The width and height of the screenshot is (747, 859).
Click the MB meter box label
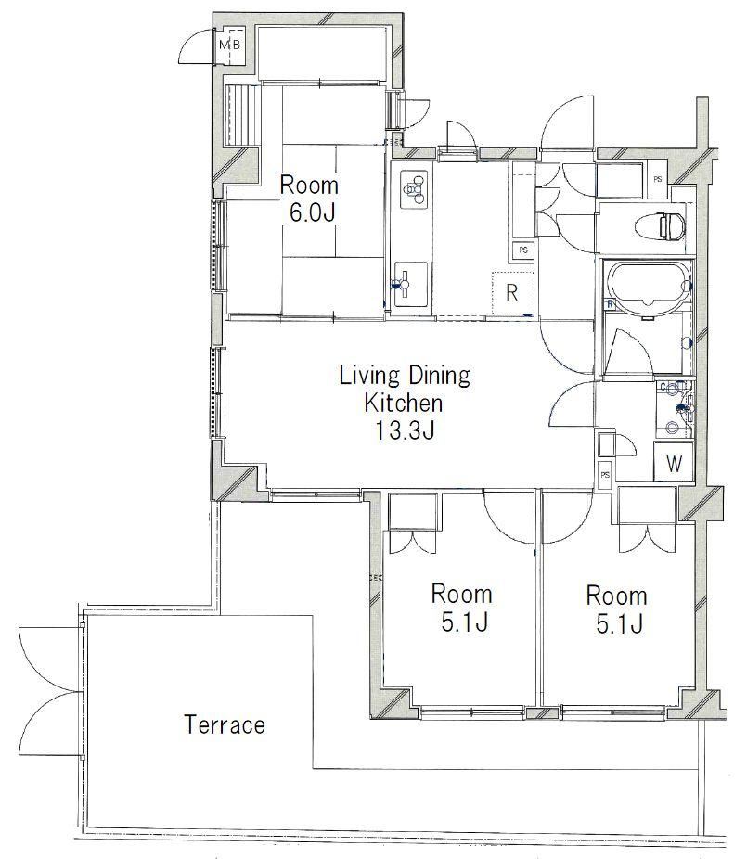click(x=229, y=45)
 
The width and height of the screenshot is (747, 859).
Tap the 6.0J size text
click(x=312, y=212)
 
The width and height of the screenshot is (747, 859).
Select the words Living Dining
click(x=405, y=376)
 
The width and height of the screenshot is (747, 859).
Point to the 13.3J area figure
click(x=405, y=430)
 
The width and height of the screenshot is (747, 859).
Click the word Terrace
click(x=225, y=724)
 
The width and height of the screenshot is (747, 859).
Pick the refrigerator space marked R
click(x=512, y=293)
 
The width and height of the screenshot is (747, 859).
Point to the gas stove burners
click(x=415, y=189)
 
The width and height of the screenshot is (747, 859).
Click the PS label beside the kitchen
click(x=523, y=250)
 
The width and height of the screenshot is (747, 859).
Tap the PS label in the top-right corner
click(x=658, y=179)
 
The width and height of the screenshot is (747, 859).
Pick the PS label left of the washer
click(x=605, y=475)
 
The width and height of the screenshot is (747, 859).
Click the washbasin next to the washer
click(x=674, y=408)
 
